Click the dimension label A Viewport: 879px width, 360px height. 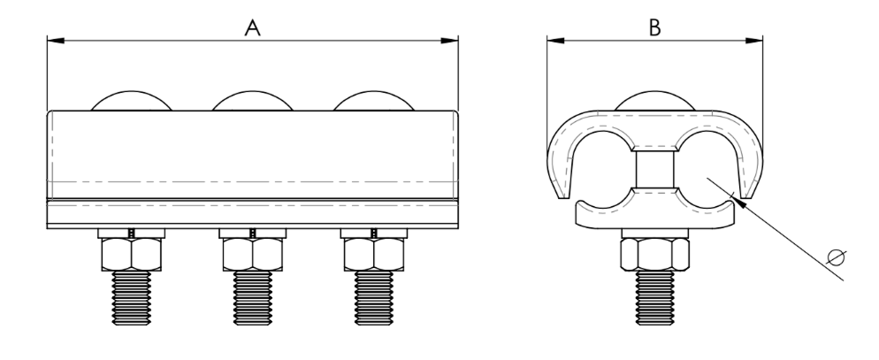click(253, 27)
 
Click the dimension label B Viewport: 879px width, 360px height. click(654, 27)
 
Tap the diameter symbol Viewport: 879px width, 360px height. click(836, 257)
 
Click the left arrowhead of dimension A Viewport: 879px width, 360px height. click(56, 41)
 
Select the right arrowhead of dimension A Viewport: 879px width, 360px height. click(449, 41)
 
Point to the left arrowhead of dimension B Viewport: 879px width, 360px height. click(555, 41)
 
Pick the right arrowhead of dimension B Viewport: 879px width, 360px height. click(754, 41)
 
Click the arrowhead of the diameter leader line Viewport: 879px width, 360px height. click(740, 202)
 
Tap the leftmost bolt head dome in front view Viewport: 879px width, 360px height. click(131, 101)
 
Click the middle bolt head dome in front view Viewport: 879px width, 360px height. click(252, 101)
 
